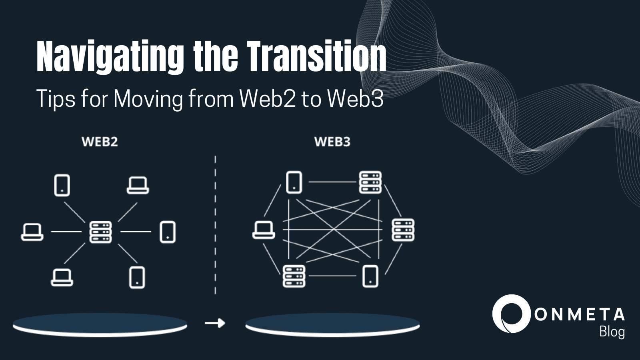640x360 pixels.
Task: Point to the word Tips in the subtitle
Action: click(56, 99)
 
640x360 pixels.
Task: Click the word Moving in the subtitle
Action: click(148, 99)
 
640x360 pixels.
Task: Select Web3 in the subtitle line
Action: click(355, 99)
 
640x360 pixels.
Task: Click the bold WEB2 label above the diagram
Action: click(100, 142)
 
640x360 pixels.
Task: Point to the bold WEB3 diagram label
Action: click(332, 142)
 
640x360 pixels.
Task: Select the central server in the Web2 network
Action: click(100, 232)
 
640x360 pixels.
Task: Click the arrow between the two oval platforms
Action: click(215, 323)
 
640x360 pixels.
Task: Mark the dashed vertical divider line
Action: click(215, 224)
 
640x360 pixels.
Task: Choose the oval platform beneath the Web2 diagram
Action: click(100, 324)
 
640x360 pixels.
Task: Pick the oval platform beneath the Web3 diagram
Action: click(332, 324)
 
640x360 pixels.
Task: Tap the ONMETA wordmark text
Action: click(580, 315)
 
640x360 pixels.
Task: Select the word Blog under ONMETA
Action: click(612, 332)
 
